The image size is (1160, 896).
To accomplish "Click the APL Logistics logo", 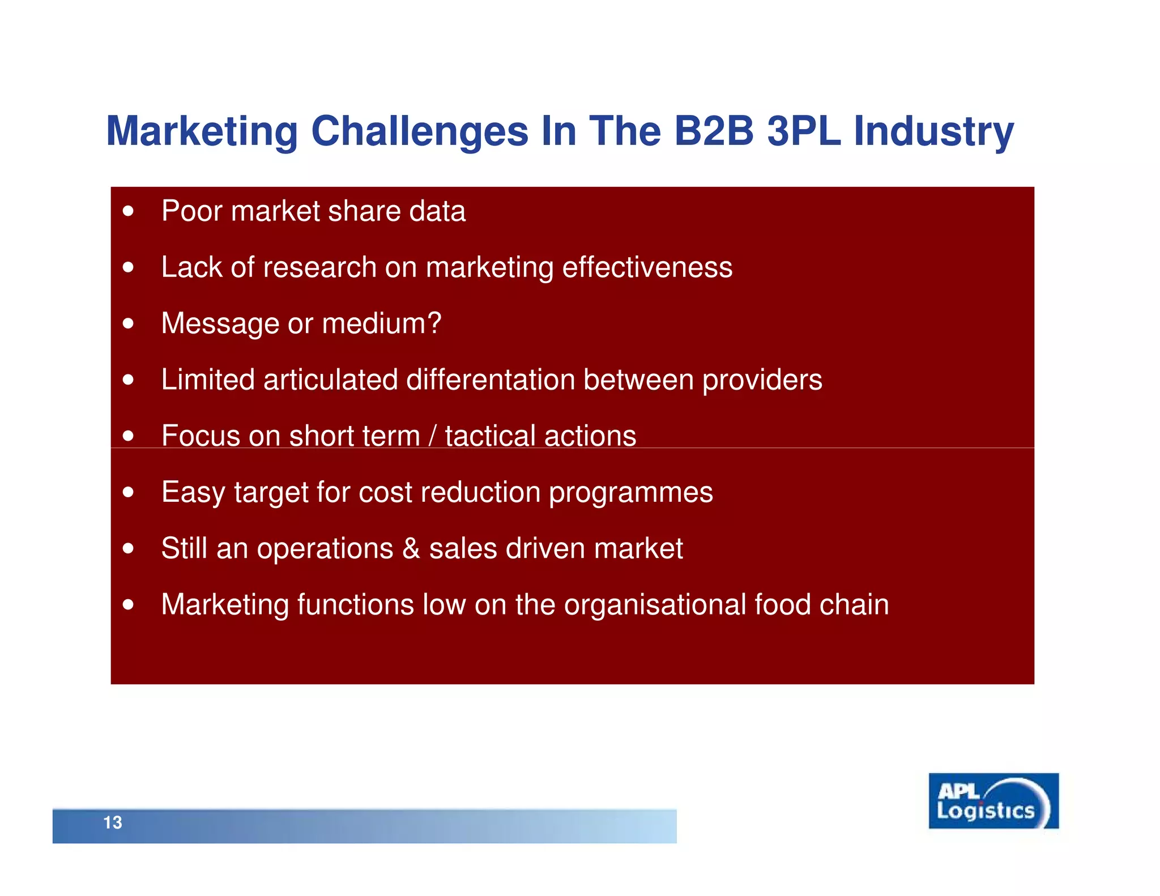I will coord(993,801).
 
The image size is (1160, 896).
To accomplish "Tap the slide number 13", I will coord(112,822).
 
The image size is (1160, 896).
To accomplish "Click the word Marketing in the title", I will coord(202,132).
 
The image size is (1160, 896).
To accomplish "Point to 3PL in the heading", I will coord(804,131).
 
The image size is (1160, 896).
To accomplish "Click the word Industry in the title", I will coord(933,132).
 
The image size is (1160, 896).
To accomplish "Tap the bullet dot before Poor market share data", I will coord(129,211).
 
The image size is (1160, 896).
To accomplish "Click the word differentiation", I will coord(491,379).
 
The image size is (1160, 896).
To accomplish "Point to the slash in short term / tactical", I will coord(433,436).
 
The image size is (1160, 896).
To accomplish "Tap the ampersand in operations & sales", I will coord(411,548).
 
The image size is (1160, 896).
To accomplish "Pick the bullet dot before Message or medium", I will coord(129,323).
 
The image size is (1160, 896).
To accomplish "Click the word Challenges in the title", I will coord(420,132).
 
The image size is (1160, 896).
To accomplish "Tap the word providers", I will coord(762,380).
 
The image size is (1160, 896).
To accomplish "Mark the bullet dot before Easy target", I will coord(129,492).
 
